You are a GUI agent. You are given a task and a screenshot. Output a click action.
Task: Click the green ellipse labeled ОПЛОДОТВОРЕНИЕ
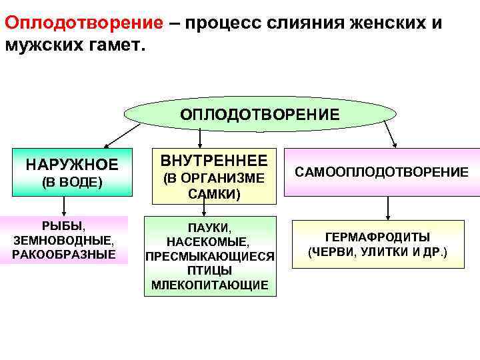(260, 114)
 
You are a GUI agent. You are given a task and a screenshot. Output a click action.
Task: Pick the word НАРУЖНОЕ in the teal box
(72, 164)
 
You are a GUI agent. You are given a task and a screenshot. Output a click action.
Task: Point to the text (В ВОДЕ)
(72, 182)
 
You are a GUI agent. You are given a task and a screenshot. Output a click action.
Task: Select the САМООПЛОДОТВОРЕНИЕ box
(382, 172)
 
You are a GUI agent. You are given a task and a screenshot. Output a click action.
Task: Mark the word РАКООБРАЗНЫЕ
(63, 254)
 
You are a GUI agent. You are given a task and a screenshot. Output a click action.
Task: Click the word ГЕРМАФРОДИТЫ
(377, 237)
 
